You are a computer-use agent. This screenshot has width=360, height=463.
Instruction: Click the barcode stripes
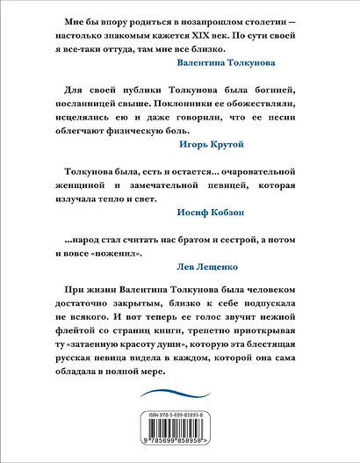[180, 429]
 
